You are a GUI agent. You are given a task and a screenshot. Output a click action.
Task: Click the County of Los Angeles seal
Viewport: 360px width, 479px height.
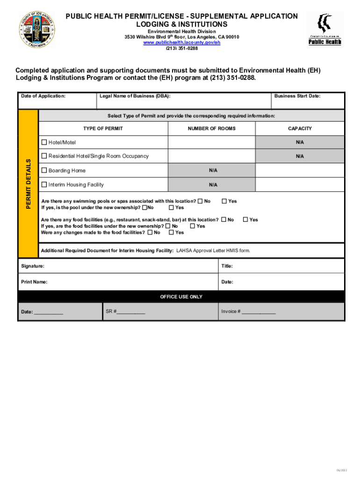click(x=36, y=29)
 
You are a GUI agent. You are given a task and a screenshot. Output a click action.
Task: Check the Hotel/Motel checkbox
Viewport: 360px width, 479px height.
click(x=44, y=142)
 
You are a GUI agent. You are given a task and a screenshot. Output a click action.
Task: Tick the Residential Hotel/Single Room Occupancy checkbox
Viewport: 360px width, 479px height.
click(x=44, y=156)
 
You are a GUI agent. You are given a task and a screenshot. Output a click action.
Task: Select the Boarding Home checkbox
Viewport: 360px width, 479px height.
click(x=44, y=171)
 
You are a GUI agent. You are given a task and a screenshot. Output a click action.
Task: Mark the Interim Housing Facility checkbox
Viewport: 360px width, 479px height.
click(x=44, y=185)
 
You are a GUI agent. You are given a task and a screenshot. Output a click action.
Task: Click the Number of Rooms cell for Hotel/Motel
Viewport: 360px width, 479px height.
click(x=211, y=142)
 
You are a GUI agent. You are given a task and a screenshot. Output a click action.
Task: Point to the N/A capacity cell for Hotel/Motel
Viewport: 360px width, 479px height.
click(x=300, y=142)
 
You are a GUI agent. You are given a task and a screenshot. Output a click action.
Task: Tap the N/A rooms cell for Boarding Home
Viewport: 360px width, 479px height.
click(x=213, y=171)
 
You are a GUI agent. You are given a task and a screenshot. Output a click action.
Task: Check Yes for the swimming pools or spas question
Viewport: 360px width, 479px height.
click(x=224, y=201)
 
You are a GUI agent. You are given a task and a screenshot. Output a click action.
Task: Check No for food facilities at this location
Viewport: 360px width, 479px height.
click(x=223, y=219)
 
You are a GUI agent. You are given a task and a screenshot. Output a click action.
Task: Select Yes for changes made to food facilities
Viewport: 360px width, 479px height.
click(x=171, y=232)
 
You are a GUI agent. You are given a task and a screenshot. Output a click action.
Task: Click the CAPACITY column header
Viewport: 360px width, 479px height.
click(x=300, y=129)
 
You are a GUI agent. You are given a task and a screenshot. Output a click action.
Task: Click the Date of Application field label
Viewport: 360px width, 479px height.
click(x=43, y=96)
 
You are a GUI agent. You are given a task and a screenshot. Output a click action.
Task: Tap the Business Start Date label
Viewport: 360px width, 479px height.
click(x=297, y=96)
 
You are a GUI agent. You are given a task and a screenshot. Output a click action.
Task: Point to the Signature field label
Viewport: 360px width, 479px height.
click(x=33, y=266)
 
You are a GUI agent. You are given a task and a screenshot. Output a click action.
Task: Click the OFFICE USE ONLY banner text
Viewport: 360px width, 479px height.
click(x=181, y=297)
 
